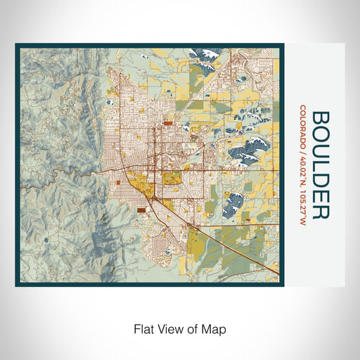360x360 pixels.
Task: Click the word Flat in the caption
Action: tap(143, 328)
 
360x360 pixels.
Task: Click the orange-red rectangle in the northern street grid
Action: tap(169, 122)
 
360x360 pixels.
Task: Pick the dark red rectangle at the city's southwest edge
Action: tap(143, 209)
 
